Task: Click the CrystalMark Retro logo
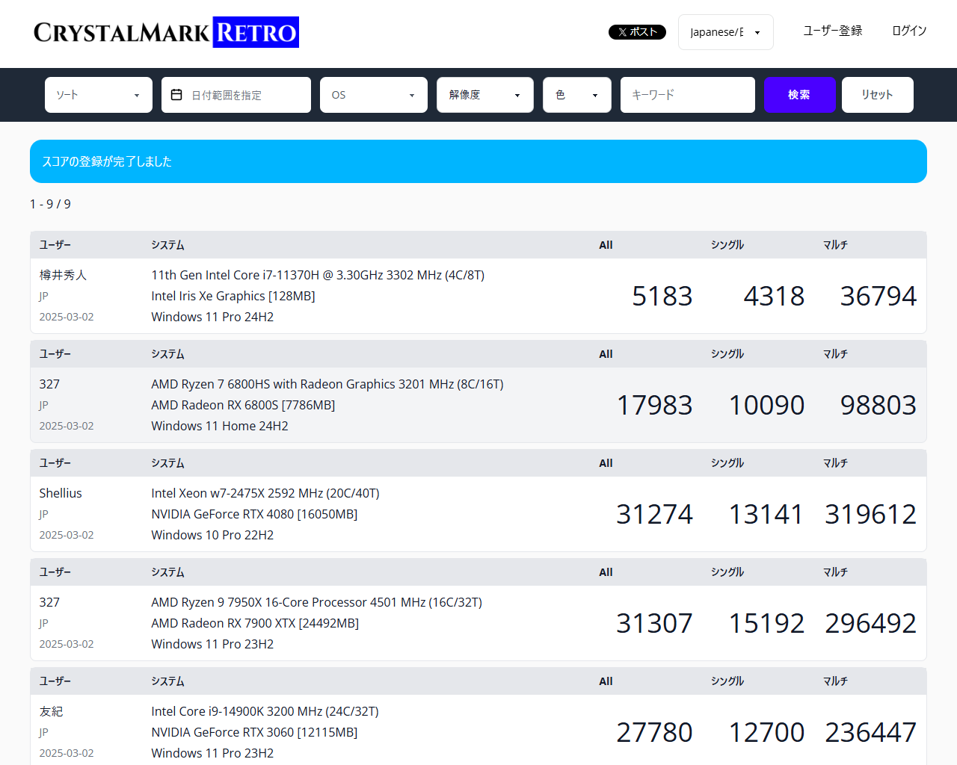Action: point(166,32)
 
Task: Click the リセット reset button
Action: point(877,95)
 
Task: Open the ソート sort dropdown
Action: point(98,95)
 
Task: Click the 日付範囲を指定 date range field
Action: point(236,95)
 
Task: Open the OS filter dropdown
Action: point(373,95)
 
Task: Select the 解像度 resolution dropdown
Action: point(484,95)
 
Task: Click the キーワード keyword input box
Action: point(687,95)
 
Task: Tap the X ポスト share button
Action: point(637,32)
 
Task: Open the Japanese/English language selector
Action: point(725,32)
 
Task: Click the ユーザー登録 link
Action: point(832,31)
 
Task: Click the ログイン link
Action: point(909,31)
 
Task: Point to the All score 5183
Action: point(662,297)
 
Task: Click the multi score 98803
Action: point(878,406)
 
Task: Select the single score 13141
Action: point(766,515)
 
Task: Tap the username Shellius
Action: point(61,493)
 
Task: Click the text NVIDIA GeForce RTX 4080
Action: point(254,514)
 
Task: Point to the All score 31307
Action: point(654,624)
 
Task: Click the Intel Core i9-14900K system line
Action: point(265,711)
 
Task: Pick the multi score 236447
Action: point(870,733)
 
